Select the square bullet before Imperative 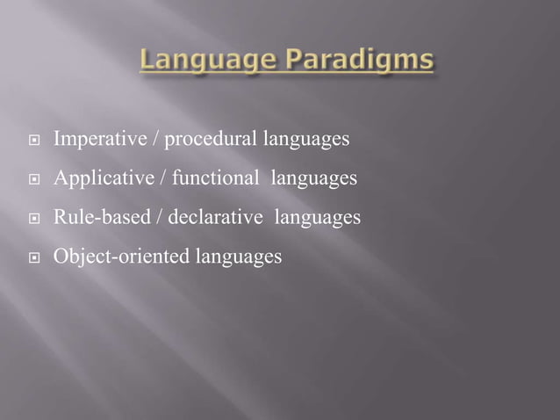point(33,141)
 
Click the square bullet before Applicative point(33,181)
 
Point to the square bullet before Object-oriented point(33,258)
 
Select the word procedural point(206,141)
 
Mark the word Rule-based point(99,218)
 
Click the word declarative point(224,218)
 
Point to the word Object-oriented point(114,257)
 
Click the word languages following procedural point(301,141)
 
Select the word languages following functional point(313,179)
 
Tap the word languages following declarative point(318,218)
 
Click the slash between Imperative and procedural point(154,140)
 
